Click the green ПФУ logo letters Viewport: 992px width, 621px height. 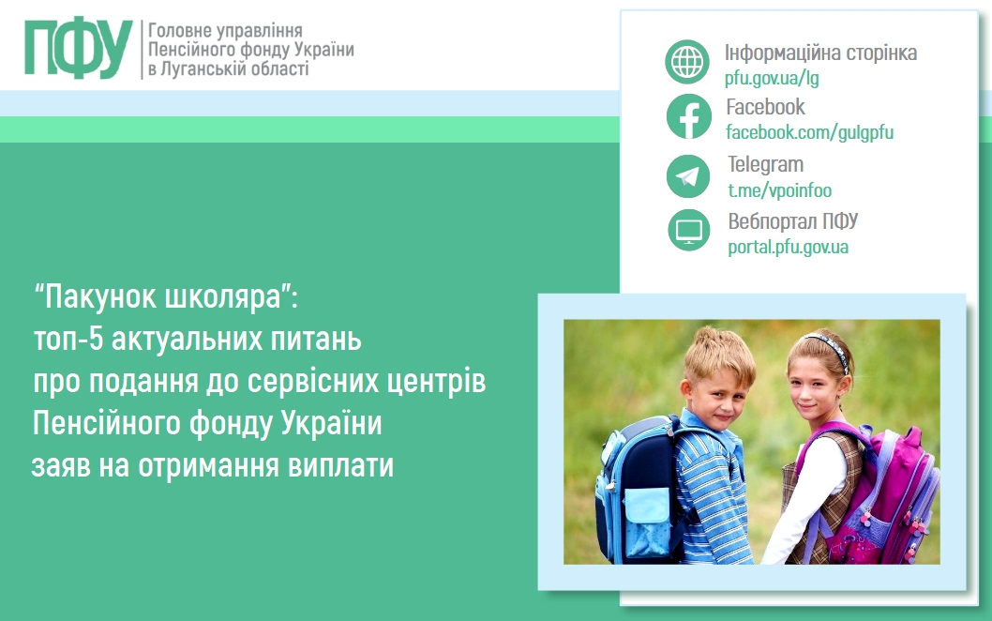(x=79, y=49)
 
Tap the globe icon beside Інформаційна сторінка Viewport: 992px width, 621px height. (x=687, y=62)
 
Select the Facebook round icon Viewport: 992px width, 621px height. (x=688, y=116)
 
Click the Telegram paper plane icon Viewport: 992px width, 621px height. (x=688, y=176)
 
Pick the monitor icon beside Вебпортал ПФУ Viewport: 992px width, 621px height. (x=689, y=230)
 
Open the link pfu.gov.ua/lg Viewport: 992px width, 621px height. (x=772, y=78)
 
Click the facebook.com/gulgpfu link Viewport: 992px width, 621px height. (x=810, y=132)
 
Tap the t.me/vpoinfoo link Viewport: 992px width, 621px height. (x=779, y=190)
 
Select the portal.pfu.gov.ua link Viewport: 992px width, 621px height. (x=788, y=247)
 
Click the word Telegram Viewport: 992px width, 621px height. (x=765, y=164)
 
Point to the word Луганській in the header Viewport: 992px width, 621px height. (x=203, y=68)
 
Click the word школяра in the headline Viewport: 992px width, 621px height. (x=222, y=296)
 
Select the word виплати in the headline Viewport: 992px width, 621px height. (x=341, y=465)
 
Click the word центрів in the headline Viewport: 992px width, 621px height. (x=437, y=381)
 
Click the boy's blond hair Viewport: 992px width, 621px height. (x=719, y=354)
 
